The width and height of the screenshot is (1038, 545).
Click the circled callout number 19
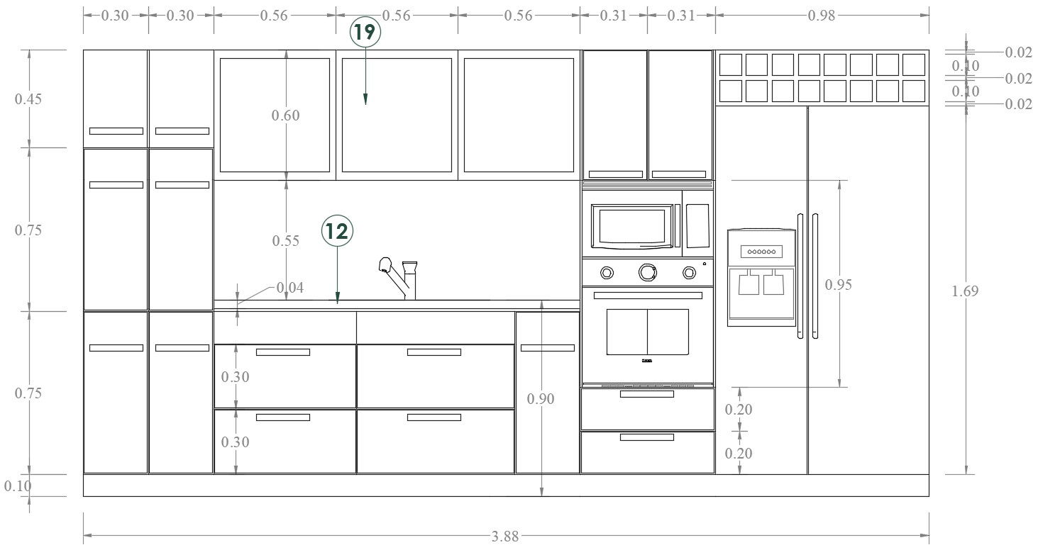pos(365,33)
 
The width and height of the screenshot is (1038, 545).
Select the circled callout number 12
pos(337,231)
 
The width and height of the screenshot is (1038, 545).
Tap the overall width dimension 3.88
pos(505,536)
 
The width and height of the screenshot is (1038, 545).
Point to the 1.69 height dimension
pos(966,291)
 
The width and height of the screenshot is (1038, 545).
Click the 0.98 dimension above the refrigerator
pos(822,16)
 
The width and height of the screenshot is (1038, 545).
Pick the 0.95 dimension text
pos(839,285)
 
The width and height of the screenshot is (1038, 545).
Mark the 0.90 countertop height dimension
pos(541,399)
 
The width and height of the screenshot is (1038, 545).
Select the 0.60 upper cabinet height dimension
pos(286,116)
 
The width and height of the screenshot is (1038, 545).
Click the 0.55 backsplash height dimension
pos(286,241)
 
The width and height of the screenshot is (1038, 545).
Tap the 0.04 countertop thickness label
pos(289,288)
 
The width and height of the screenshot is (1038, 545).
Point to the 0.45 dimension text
pos(28,99)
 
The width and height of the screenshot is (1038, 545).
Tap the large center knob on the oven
pos(647,272)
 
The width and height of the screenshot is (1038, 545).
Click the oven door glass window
pos(647,332)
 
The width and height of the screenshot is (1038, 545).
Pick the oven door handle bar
pos(647,295)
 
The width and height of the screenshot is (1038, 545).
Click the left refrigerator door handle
pos(801,276)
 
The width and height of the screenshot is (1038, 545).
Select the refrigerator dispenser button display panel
pos(761,252)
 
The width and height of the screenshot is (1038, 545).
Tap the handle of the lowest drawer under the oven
pos(646,437)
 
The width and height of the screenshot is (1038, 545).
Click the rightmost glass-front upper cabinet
pos(519,115)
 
